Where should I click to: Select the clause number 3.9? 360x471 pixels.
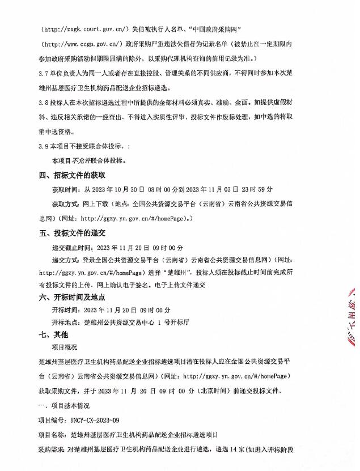coord(44,146)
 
